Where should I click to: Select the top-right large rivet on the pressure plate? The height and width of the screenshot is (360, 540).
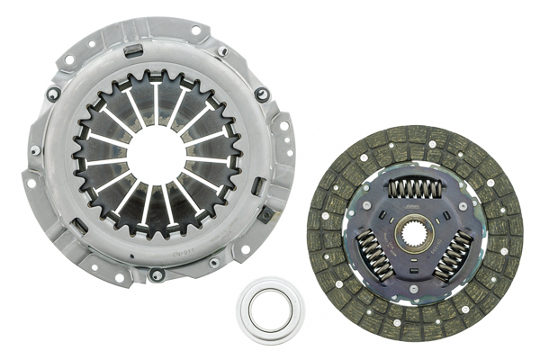tap(261, 94)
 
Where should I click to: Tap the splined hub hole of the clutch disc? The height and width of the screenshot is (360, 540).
tap(415, 234)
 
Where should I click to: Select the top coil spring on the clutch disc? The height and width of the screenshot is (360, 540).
tap(415, 187)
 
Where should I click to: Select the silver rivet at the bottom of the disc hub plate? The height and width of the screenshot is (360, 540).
tap(415, 286)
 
